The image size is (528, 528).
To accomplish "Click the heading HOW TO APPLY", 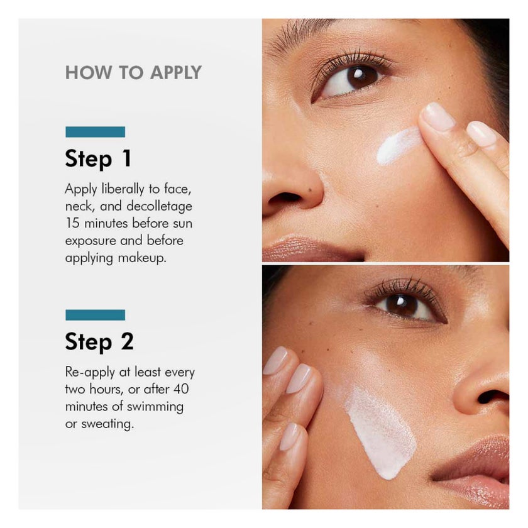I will [133, 72].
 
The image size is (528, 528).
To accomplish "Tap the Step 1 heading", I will [98, 158].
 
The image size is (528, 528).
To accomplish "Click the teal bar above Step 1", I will [95, 131].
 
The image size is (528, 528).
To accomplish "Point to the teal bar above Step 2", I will [95, 314].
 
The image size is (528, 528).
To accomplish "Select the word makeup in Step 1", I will [144, 258].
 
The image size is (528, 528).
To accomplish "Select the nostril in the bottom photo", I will [492, 397].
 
